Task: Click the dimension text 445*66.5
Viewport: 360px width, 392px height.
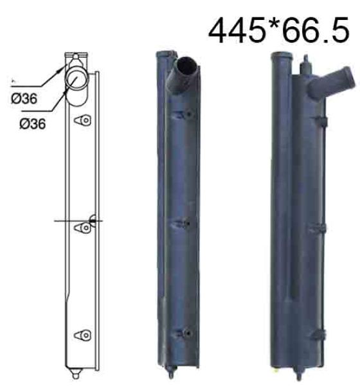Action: pos(278,30)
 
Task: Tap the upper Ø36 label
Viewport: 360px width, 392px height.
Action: pos(24,98)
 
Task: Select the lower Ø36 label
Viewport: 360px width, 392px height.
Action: pos(33,124)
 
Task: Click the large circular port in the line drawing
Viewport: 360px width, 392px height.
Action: pos(76,79)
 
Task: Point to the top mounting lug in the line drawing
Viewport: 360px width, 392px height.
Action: pos(82,120)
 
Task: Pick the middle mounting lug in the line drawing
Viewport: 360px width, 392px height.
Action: pos(82,227)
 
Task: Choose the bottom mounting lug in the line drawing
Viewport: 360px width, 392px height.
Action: pos(82,335)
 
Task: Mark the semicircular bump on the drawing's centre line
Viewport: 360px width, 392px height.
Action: pos(93,220)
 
